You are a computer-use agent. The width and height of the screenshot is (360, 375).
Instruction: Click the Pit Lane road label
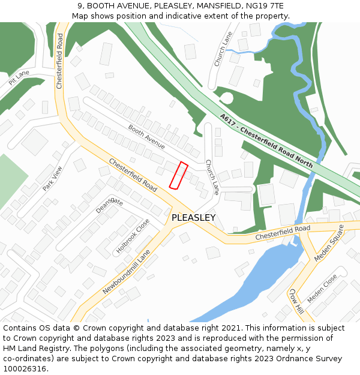[19, 77]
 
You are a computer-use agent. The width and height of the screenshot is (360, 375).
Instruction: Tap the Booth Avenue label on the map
[146, 137]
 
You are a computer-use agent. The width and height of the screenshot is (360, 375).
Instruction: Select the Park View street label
[52, 178]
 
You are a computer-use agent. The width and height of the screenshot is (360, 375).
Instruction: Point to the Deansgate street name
[109, 205]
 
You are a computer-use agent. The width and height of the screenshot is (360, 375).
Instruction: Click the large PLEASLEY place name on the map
[193, 218]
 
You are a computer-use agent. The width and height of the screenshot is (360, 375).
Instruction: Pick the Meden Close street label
[322, 289]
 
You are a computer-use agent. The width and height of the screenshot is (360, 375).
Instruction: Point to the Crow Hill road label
[296, 301]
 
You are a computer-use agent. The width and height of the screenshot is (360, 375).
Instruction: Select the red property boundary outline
[178, 175]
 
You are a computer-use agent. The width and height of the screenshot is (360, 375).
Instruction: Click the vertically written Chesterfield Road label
[59, 61]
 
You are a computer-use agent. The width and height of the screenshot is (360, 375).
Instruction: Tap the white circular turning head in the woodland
[227, 98]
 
